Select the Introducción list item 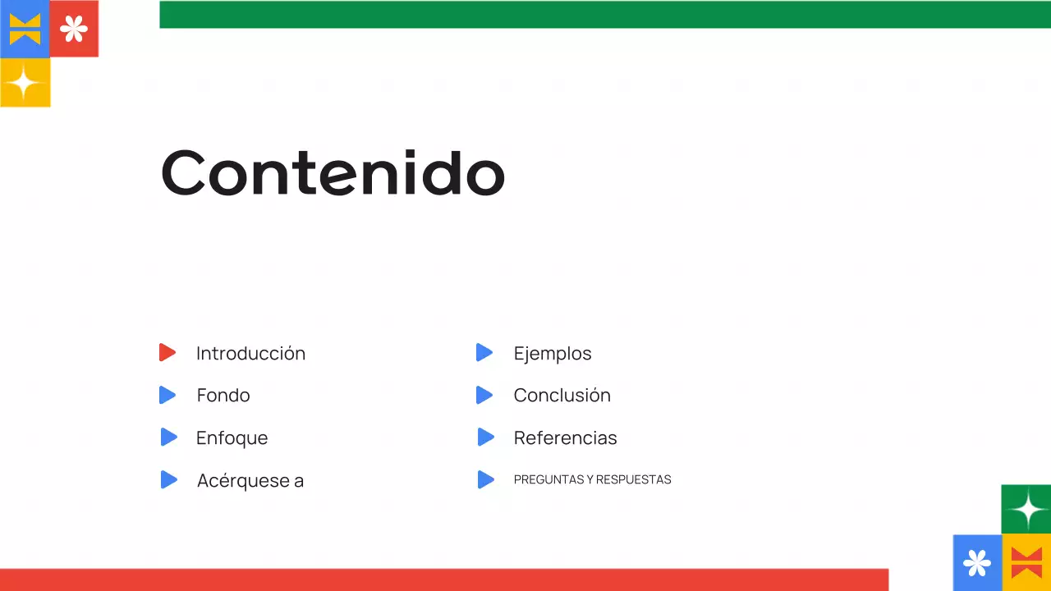250,354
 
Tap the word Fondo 223,396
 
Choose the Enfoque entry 232,438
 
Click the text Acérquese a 250,481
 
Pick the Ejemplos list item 553,354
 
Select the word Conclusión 562,396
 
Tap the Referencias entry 565,438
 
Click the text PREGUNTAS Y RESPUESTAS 592,480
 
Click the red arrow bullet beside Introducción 168,353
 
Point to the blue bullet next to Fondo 168,396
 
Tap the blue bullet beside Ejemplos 484,353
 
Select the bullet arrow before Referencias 485,438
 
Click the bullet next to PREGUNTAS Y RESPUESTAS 485,480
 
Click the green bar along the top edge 605,15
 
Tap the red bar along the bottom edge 443,580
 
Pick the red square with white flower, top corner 74,30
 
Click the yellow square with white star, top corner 25,82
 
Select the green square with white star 1026,510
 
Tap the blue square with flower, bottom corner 977,563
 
